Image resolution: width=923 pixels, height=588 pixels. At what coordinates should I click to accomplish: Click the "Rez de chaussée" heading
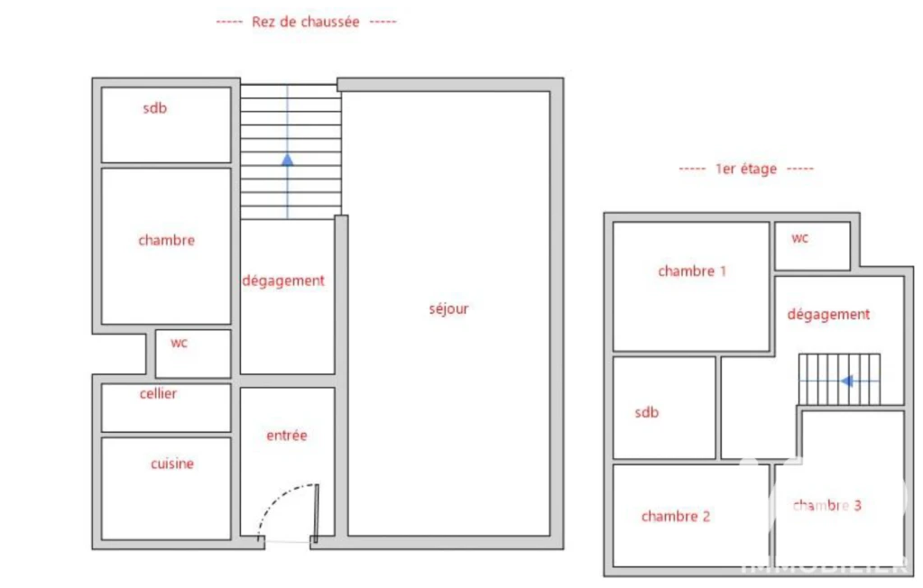click(306, 23)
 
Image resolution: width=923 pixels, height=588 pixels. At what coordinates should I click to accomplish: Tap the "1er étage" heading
click(746, 169)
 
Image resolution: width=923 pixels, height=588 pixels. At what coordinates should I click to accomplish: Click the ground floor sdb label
click(155, 107)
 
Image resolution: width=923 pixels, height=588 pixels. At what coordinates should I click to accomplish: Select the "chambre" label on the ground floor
click(167, 240)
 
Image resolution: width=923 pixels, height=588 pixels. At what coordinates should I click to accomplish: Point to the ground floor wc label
click(179, 343)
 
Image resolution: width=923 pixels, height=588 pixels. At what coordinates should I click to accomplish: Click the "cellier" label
click(158, 394)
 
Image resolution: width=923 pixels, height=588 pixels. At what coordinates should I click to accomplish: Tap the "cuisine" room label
click(172, 464)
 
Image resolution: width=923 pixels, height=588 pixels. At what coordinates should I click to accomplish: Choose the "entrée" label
click(287, 436)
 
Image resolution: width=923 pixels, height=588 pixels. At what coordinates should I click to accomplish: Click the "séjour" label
click(448, 309)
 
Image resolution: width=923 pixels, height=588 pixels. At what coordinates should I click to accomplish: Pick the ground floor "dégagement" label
click(283, 281)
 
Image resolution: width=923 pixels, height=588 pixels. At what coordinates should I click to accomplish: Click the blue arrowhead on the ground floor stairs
click(287, 160)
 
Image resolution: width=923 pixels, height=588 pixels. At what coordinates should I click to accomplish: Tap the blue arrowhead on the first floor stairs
click(847, 381)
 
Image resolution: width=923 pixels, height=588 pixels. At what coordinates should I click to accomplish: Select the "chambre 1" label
click(692, 271)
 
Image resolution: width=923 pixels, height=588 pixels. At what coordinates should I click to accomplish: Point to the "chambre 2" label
click(676, 516)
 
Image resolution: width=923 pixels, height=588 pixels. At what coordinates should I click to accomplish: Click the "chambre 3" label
click(827, 506)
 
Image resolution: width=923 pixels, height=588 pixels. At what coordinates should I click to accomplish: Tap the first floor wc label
click(800, 238)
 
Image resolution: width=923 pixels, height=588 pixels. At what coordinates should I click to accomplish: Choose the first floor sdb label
click(646, 413)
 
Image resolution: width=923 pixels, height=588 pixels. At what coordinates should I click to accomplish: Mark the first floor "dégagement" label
click(828, 315)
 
